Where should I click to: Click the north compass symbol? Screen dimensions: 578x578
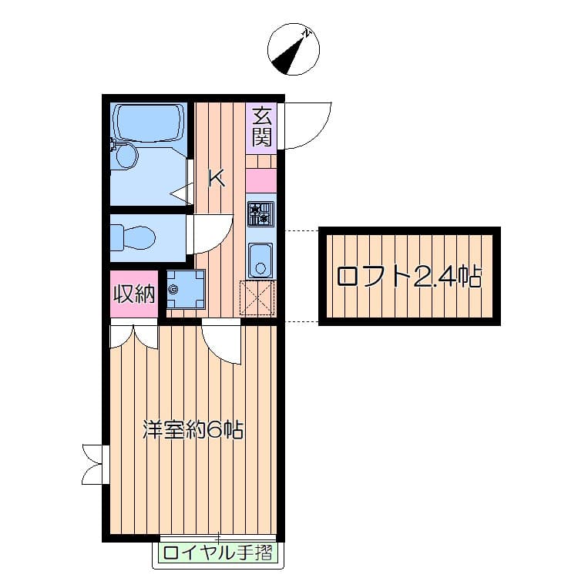click(293, 49)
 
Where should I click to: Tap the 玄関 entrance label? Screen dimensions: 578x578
click(262, 127)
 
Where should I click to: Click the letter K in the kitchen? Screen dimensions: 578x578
click(217, 178)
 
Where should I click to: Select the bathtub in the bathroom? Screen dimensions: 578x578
click(150, 122)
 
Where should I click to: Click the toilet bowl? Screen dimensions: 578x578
click(133, 238)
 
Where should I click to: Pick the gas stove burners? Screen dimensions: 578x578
click(260, 213)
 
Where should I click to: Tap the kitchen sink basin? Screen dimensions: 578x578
click(260, 260)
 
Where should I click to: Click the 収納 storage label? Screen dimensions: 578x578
click(134, 294)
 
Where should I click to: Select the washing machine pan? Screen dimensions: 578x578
click(186, 289)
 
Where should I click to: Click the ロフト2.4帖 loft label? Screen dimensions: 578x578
click(409, 277)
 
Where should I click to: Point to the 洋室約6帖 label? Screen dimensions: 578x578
click(193, 429)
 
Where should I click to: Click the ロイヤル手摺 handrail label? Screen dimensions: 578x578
click(218, 553)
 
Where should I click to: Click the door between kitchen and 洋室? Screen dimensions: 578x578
click(221, 341)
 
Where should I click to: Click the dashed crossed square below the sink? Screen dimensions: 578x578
click(257, 297)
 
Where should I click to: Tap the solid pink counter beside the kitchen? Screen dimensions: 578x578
click(261, 180)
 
